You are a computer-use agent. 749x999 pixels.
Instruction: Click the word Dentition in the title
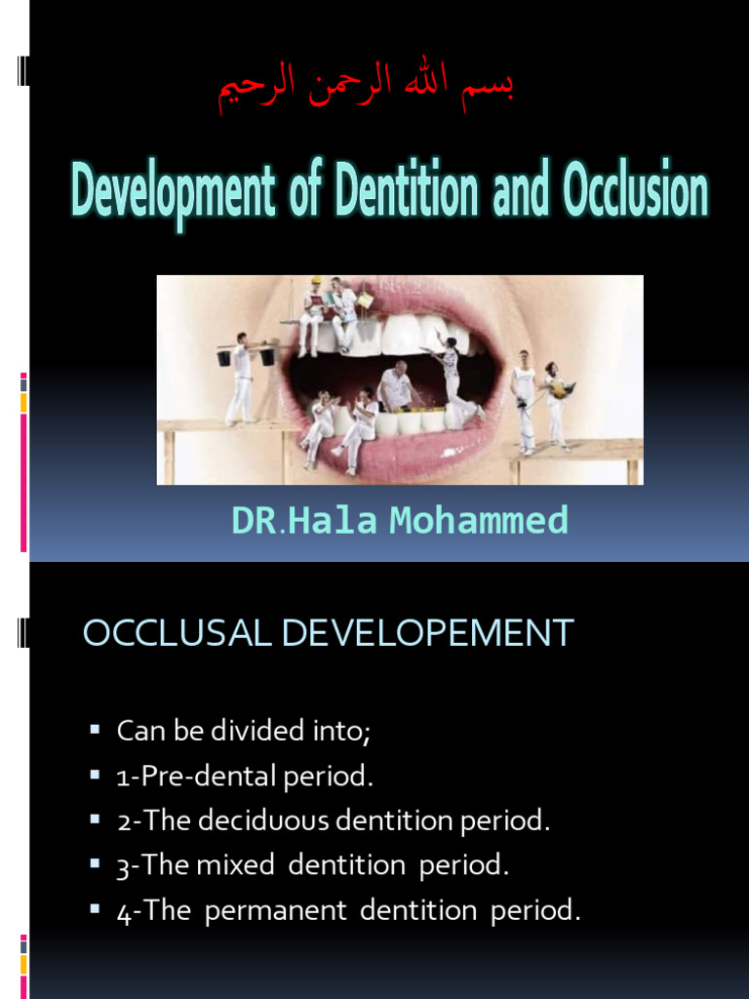[x=406, y=193]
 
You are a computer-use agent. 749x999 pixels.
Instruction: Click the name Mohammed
[x=478, y=521]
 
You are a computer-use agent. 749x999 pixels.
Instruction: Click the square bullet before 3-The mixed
[x=95, y=864]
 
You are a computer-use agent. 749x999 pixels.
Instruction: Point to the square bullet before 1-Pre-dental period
[x=95, y=776]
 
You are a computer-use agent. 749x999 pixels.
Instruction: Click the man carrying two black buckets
[x=241, y=379]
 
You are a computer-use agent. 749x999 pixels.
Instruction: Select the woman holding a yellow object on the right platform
[x=557, y=401]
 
